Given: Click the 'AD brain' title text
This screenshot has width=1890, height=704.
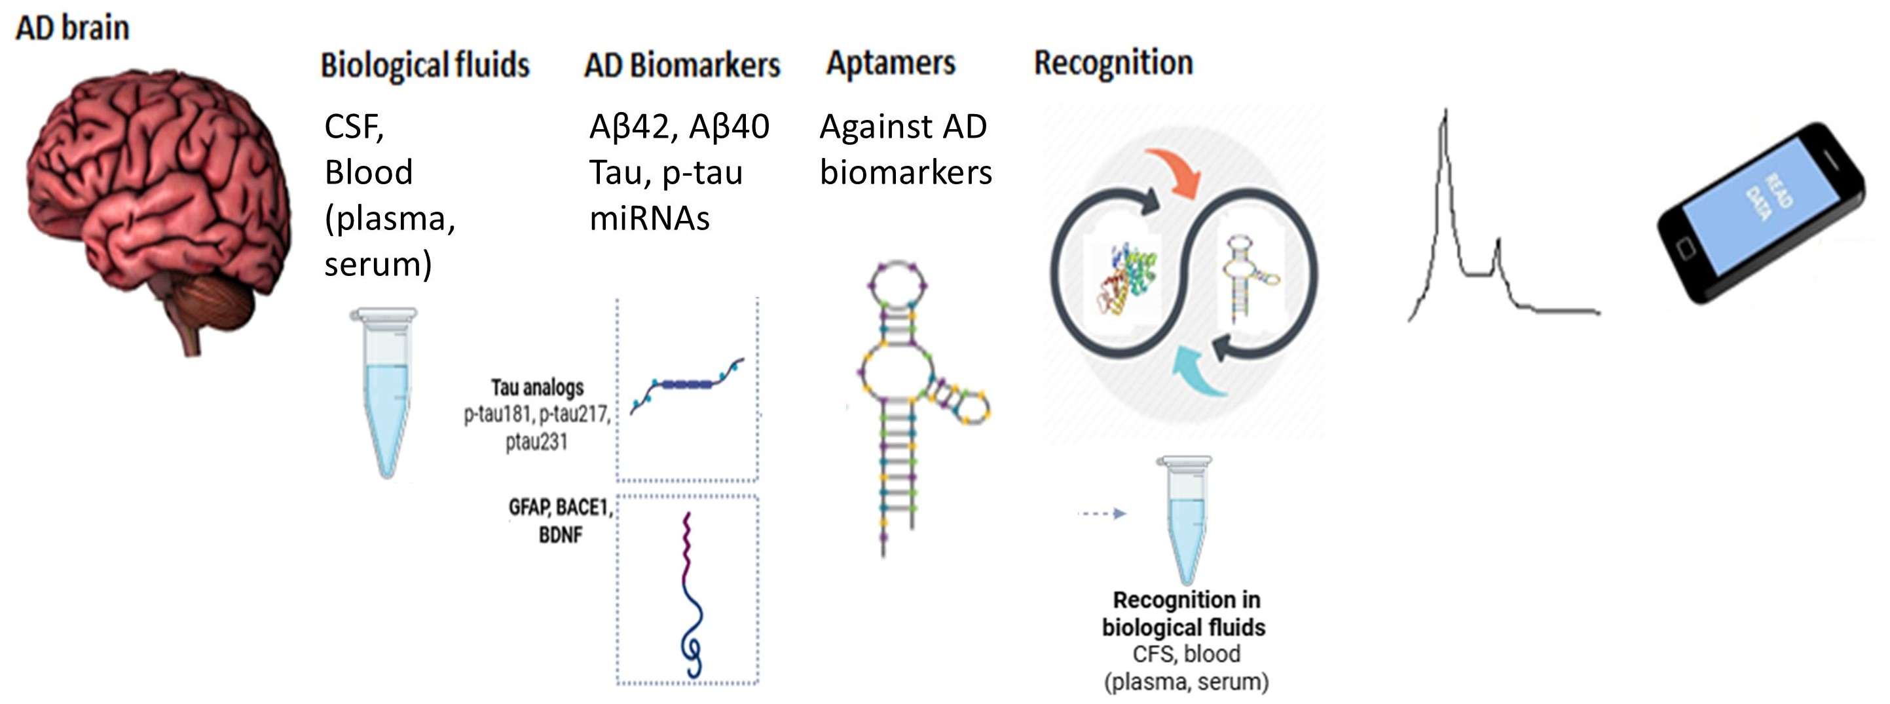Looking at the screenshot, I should pos(72,28).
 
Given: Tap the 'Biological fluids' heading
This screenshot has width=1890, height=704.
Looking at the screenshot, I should pos(425,65).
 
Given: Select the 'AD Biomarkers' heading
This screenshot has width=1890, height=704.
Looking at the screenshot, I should pos(682,65).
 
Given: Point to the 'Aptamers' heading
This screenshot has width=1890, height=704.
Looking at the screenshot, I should pos(891,63).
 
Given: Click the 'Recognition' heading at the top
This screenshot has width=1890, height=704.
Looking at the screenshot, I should pos(1113,63).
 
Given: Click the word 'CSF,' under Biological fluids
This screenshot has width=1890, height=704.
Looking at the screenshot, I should pos(354,127).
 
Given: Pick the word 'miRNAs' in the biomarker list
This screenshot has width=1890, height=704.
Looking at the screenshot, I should pos(650,219).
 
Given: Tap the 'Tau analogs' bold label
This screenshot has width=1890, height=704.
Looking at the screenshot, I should pos(537,387).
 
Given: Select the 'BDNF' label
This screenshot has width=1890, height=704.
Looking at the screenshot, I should pos(561,534).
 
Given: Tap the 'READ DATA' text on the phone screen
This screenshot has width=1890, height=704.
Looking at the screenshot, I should pos(1768,198).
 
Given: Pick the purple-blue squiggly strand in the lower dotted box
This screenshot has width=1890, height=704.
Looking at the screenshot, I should pos(690,595).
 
